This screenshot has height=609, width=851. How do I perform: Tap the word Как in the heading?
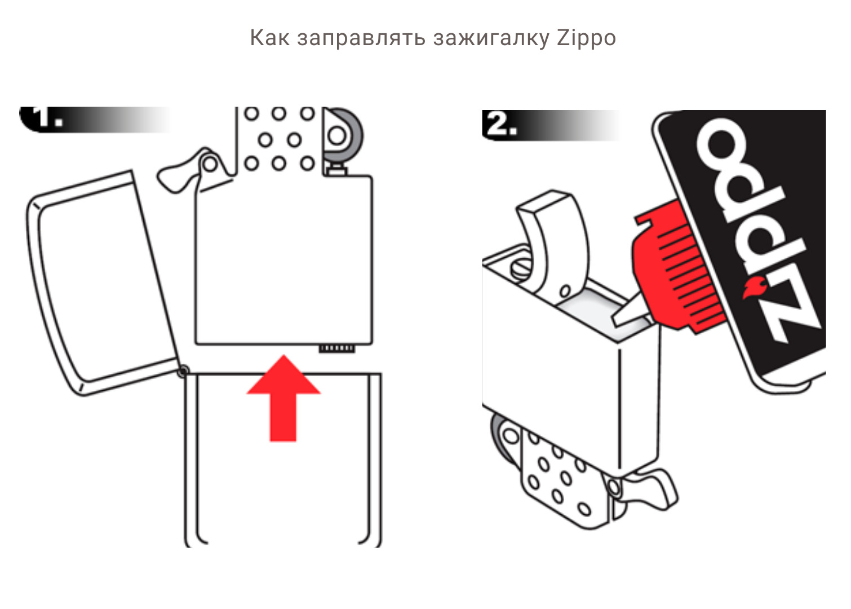(x=269, y=37)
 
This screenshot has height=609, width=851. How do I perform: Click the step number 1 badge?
(x=45, y=120)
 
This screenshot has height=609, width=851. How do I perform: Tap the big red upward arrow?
(x=283, y=398)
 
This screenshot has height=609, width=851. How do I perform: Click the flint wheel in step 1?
(x=343, y=136)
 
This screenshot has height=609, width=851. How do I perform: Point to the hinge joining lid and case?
(x=183, y=370)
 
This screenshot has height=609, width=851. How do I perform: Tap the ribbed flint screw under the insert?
(x=336, y=348)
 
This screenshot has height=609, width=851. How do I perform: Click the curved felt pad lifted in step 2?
(x=555, y=243)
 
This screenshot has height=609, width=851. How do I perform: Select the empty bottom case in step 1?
(x=283, y=460)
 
